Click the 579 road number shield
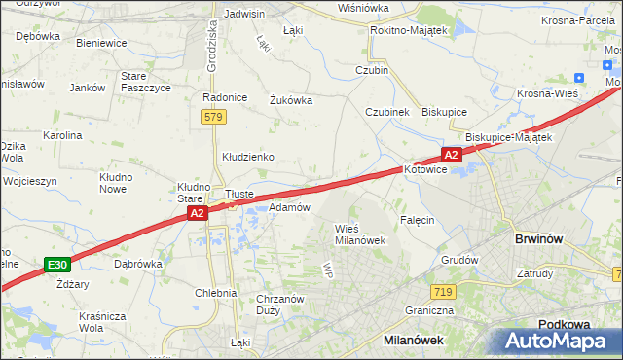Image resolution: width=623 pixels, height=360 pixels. coord(214,117)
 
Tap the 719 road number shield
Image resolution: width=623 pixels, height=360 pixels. coord(444,292)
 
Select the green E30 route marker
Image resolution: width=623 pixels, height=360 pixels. coord(57,265)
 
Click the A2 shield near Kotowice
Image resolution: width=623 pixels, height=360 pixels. coord(450,154)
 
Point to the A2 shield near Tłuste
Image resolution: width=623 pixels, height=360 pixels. coord(197,213)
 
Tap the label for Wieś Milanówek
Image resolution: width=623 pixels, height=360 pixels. coord(360,234)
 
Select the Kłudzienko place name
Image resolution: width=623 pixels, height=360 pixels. coord(247,156)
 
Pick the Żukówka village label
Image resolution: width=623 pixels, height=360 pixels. coord(290,98)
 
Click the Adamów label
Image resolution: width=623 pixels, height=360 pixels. coord(288,207)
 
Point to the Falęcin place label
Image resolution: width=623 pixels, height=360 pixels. coord(416,220)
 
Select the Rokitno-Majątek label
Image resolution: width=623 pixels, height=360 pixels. coord(408,30)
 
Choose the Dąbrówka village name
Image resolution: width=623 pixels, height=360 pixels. coord(137,263)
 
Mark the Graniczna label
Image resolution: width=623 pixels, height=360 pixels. coord(430,311)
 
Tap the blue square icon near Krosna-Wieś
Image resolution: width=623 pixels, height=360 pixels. coord(580,79)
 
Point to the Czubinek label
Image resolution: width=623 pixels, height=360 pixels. coord(386,111)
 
